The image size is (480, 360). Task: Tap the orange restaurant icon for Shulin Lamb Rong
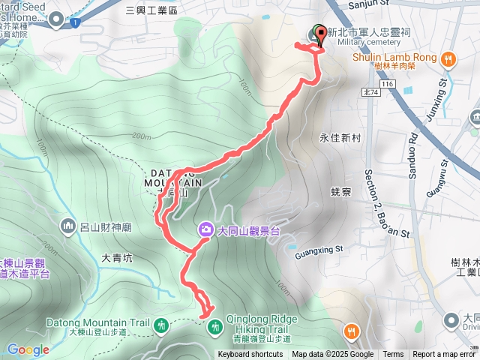(x=448, y=58)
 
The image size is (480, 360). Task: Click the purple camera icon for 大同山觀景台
(x=205, y=230)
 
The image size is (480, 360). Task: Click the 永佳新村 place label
(x=340, y=138)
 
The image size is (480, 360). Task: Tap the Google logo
(x=28, y=349)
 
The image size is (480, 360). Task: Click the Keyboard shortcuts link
(x=250, y=355)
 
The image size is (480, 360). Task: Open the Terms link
(x=393, y=355)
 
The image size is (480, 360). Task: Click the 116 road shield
(x=387, y=85)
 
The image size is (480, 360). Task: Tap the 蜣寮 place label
(x=340, y=192)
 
